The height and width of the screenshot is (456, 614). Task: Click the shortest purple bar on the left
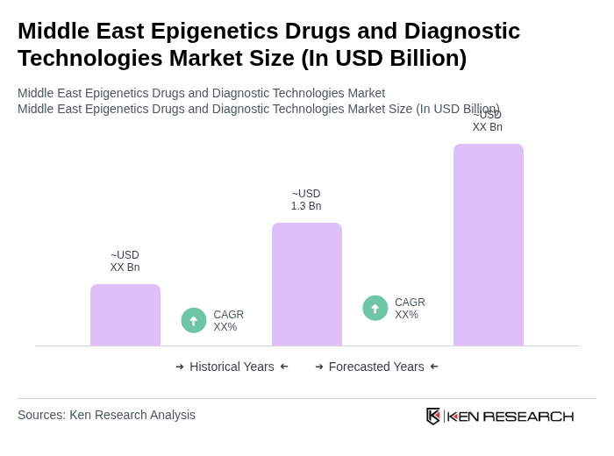point(125,315)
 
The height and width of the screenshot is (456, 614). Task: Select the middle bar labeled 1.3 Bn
point(306,284)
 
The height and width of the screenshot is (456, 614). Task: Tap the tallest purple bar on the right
point(488,245)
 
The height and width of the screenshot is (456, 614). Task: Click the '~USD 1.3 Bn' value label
point(306,200)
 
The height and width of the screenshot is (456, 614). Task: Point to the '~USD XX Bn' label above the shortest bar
point(125,261)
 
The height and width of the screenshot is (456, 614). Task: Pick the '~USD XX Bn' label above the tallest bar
point(487,121)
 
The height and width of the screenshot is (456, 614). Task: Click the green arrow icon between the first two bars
point(194,321)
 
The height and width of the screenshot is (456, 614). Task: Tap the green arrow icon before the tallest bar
point(375,309)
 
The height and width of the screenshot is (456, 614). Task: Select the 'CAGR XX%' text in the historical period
point(228,321)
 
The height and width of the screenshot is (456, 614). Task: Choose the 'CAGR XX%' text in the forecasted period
point(410,309)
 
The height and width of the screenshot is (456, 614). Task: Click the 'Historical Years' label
point(232,367)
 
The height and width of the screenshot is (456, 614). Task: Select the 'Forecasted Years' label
point(376,367)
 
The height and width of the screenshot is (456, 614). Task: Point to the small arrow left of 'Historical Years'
point(180,367)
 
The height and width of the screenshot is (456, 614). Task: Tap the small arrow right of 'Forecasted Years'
point(434,367)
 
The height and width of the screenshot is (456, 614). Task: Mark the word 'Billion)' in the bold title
point(425,58)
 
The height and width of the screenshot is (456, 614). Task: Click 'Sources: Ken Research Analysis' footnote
point(106,415)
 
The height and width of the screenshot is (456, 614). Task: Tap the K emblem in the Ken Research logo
point(433,416)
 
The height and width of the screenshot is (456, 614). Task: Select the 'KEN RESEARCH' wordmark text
point(510,417)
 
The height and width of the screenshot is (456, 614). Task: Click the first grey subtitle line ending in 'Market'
point(201,93)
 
